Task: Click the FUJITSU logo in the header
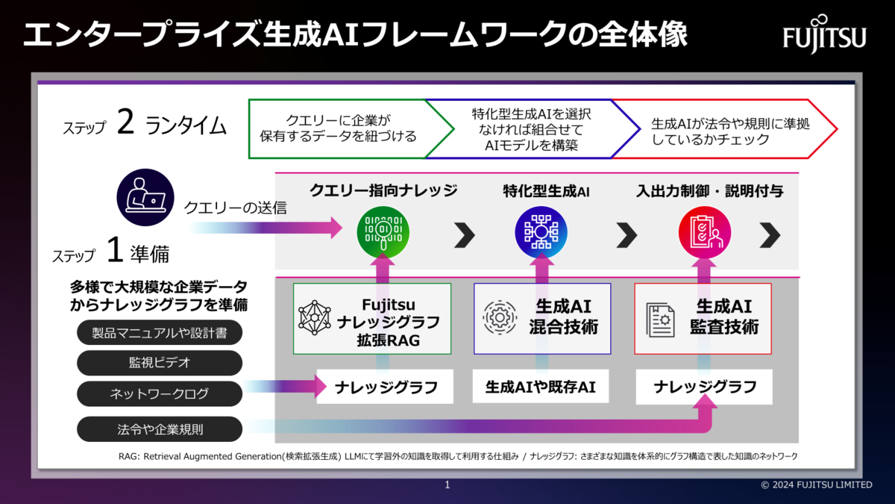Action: click(824, 34)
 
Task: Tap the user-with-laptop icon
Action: click(145, 197)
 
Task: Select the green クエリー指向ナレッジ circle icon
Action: click(383, 232)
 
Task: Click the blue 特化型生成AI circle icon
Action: click(541, 232)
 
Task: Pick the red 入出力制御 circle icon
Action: click(704, 232)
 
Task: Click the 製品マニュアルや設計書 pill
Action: click(160, 333)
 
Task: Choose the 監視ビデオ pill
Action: click(160, 363)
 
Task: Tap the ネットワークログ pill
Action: click(160, 393)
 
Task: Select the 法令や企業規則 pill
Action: click(160, 429)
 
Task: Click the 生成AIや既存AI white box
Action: click(541, 387)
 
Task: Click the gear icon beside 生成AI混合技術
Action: click(500, 317)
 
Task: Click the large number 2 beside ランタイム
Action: click(125, 122)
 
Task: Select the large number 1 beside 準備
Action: click(114, 252)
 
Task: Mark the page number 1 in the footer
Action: click(447, 485)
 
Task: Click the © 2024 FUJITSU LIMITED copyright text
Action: click(816, 485)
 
